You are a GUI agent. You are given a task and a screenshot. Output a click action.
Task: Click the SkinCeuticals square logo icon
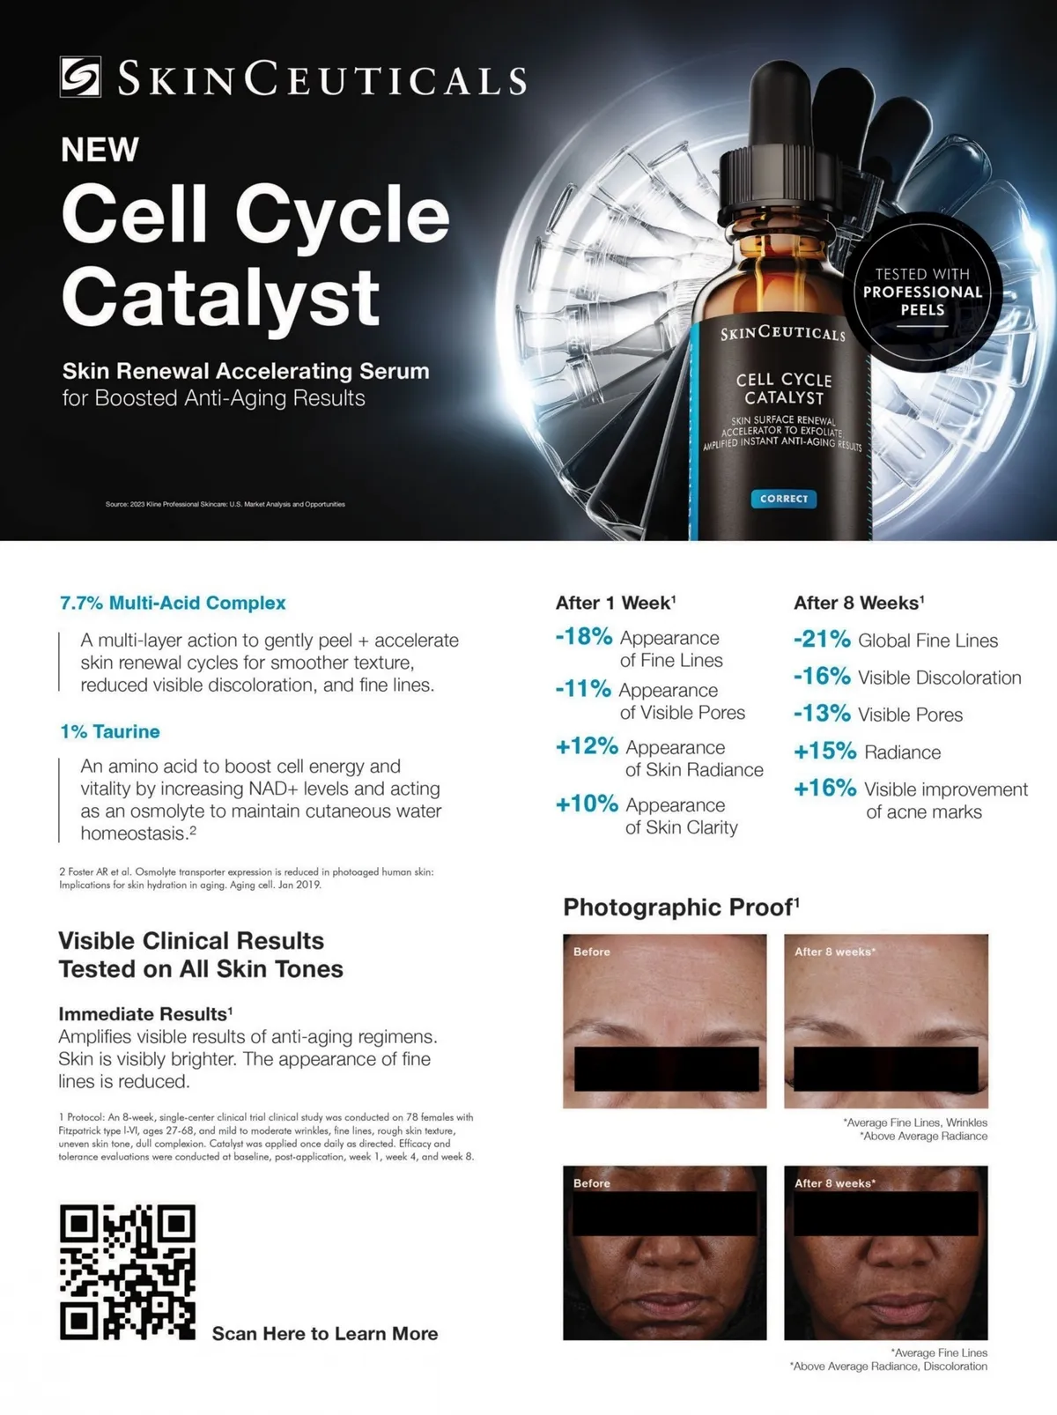(x=80, y=78)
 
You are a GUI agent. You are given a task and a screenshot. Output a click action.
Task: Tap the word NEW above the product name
(x=100, y=150)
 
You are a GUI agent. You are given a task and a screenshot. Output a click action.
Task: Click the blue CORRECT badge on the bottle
(x=784, y=499)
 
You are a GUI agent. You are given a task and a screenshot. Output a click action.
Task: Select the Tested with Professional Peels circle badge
(x=922, y=292)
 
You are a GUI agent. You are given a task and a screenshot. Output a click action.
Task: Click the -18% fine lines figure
(x=584, y=637)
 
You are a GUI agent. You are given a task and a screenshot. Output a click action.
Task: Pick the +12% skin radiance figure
(x=587, y=746)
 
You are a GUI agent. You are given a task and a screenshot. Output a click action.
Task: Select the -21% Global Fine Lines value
(x=822, y=640)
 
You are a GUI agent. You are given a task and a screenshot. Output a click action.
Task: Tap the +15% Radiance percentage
(x=825, y=751)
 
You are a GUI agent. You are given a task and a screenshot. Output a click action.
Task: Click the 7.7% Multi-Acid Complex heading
(x=173, y=603)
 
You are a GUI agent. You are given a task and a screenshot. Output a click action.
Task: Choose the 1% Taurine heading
(x=109, y=731)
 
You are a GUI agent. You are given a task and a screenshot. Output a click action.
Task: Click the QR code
(x=128, y=1272)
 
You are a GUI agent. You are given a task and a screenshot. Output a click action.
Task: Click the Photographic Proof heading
(x=681, y=907)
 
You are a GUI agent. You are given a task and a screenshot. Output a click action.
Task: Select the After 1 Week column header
(x=616, y=603)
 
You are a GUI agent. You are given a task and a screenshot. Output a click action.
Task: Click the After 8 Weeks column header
(x=859, y=603)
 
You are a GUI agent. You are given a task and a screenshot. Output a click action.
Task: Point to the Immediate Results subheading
(x=145, y=1014)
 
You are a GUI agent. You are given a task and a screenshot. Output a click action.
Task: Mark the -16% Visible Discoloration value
(x=822, y=677)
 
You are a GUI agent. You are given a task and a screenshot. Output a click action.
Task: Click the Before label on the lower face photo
(x=592, y=1183)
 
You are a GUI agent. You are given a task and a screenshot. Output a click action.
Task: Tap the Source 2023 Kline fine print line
(x=225, y=504)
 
